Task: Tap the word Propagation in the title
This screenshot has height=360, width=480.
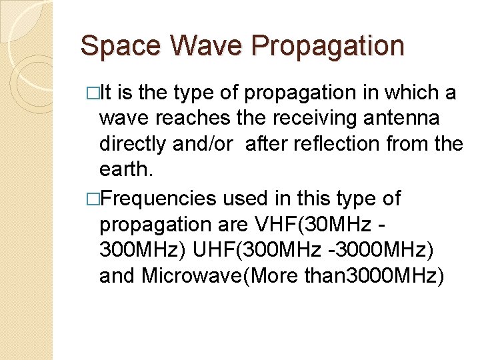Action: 327,47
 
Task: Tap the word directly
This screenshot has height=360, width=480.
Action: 137,144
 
